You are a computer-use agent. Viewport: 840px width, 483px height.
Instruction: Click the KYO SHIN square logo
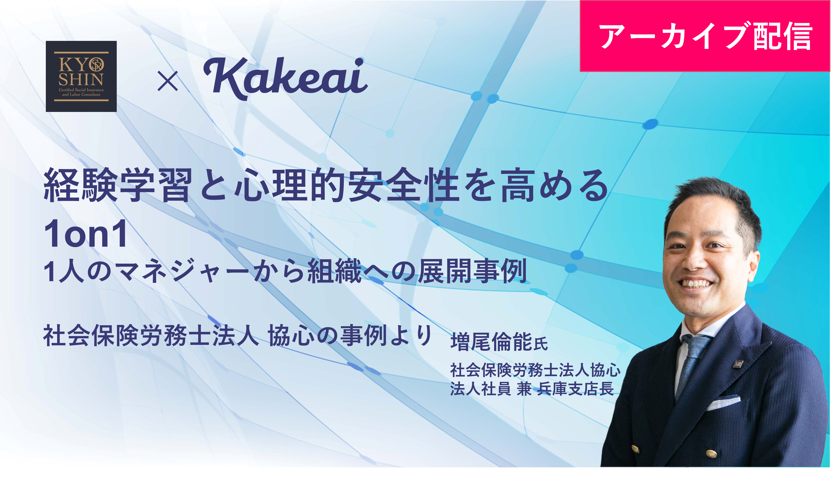[x=81, y=76]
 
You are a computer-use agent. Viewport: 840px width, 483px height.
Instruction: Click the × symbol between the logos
[x=168, y=81]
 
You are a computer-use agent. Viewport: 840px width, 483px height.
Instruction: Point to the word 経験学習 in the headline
[x=118, y=185]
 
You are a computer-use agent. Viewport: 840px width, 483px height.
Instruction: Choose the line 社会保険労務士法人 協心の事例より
[x=237, y=335]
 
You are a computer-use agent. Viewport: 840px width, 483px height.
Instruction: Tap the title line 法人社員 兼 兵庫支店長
[x=532, y=388]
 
